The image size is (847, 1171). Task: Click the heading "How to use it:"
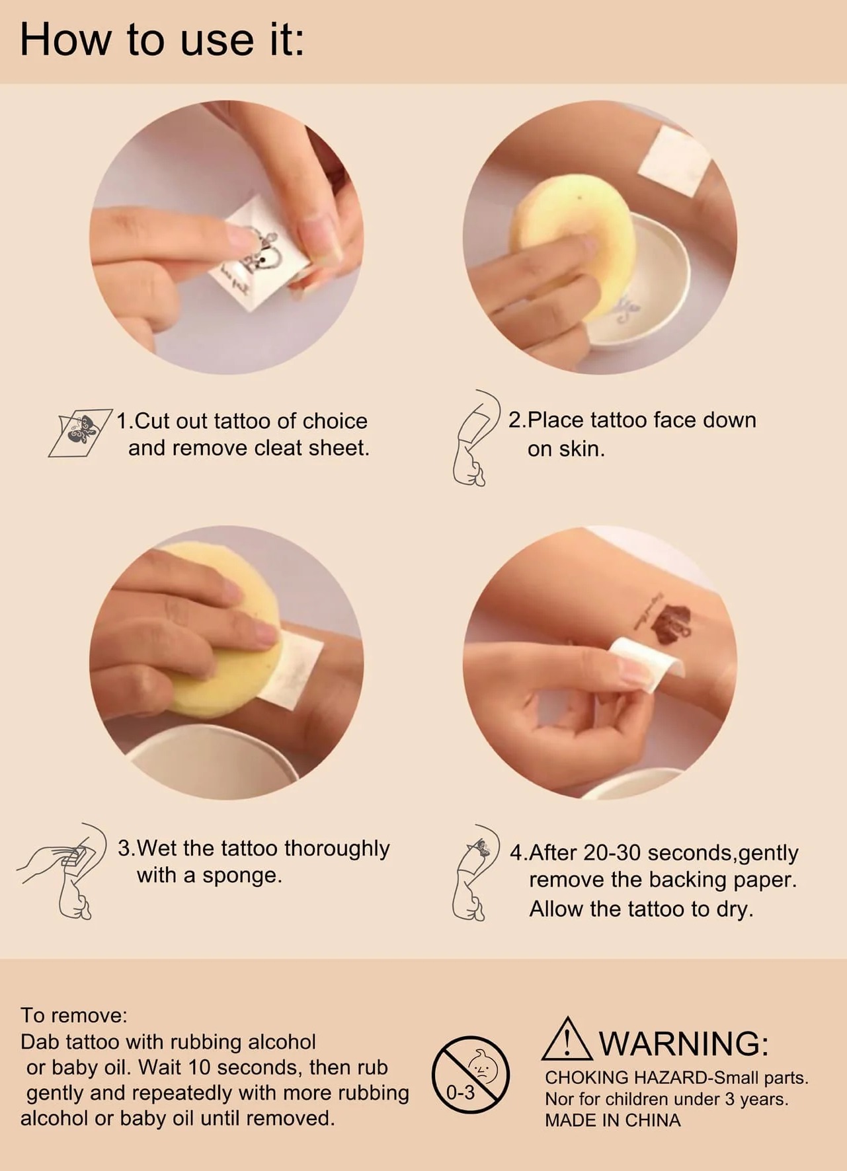(x=162, y=40)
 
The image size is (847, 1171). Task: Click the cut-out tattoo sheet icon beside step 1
(x=80, y=433)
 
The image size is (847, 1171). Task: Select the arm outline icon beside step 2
(x=475, y=438)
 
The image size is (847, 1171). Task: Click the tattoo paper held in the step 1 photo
(x=261, y=254)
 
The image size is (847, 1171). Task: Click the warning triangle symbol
(x=567, y=1039)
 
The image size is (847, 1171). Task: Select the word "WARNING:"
(x=684, y=1043)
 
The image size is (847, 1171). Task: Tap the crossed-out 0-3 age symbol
(x=471, y=1075)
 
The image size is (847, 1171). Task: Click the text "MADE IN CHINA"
(x=613, y=1120)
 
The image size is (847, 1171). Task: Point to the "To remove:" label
(x=73, y=1014)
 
